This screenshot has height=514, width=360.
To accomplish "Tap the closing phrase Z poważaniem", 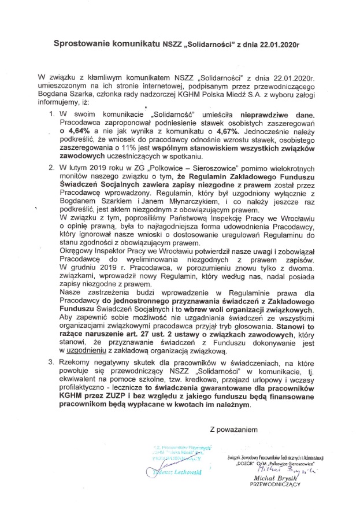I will pos(233,430).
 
